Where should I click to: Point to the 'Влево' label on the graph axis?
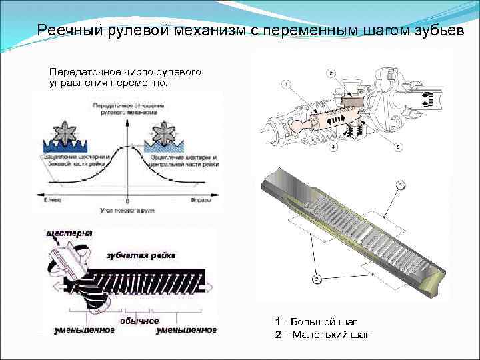[x=52, y=199]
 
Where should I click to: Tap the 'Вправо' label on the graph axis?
[x=200, y=199]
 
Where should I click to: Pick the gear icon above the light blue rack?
[x=162, y=131]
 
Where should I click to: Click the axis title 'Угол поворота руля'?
[x=127, y=210]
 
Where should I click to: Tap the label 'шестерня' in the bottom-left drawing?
[x=69, y=233]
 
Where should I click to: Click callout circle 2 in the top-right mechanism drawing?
[x=331, y=73]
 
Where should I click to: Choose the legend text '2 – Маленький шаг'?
[x=322, y=334]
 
